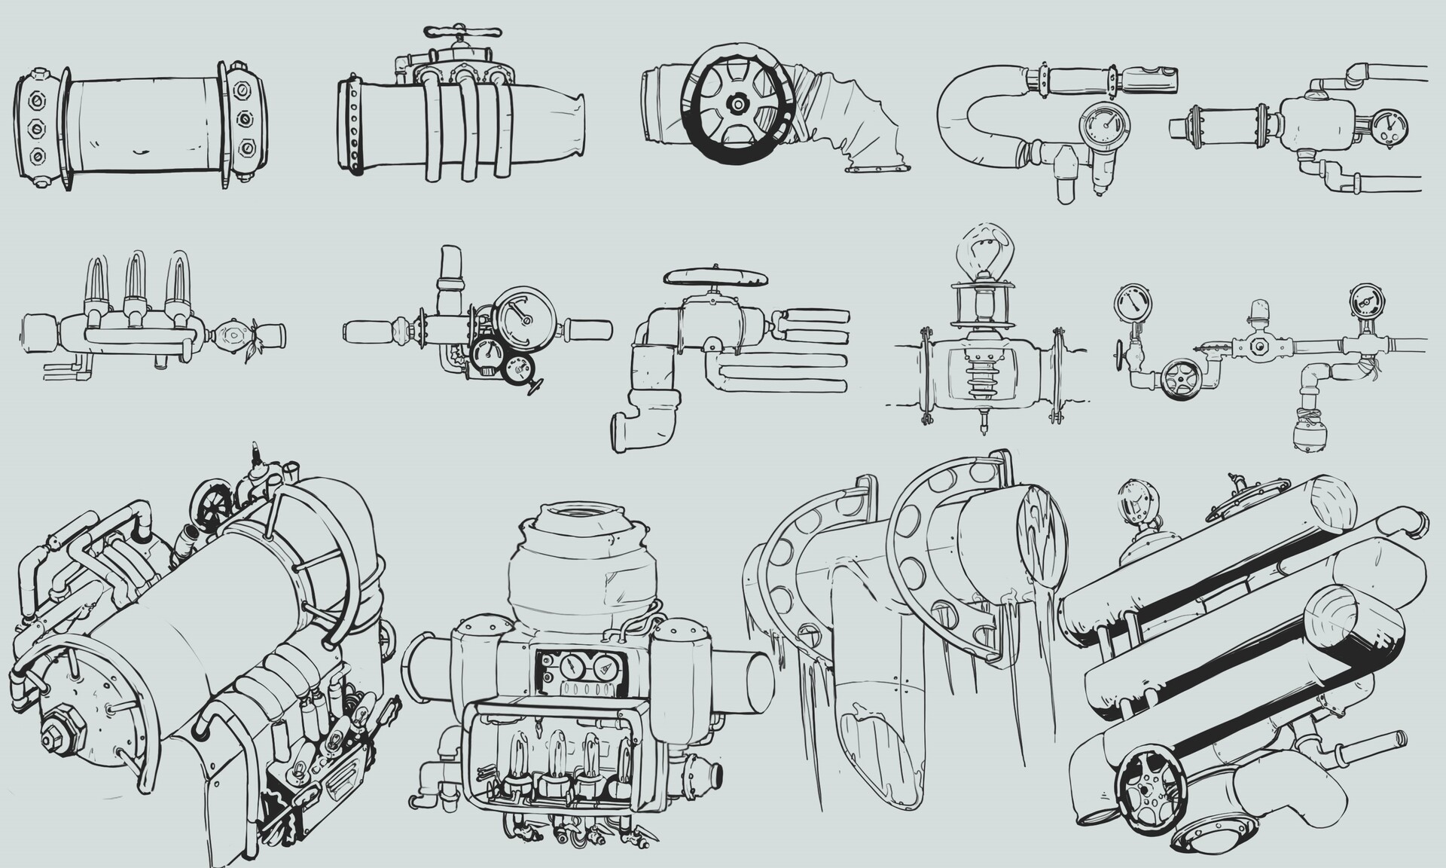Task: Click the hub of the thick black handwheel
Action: (x=737, y=103)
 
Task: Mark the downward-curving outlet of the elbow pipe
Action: (x=631, y=429)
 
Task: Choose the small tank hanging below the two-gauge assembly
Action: (x=1309, y=437)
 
